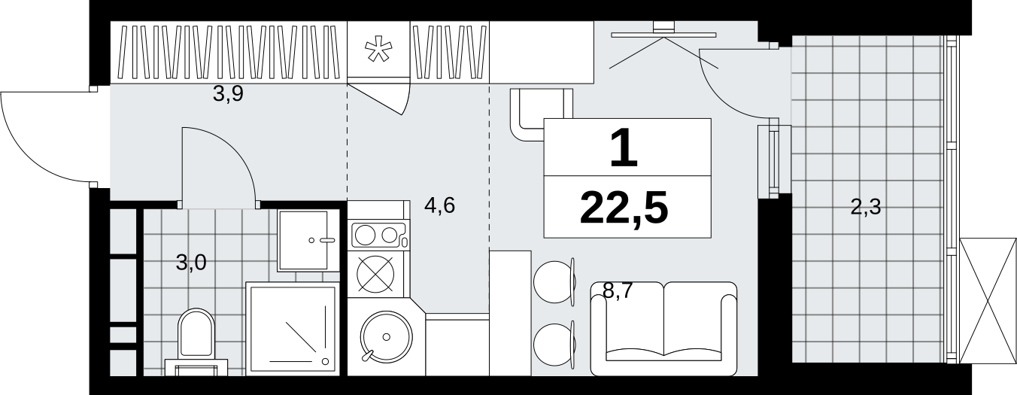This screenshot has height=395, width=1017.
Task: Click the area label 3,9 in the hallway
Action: click(229, 94)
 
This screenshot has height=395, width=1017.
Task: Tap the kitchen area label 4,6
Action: click(439, 205)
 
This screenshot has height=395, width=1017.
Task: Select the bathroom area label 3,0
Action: click(191, 263)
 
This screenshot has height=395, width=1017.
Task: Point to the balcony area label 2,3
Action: click(865, 207)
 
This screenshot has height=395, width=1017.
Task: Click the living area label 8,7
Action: click(618, 290)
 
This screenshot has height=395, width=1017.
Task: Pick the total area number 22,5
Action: click(624, 208)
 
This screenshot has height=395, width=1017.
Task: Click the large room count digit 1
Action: click(624, 147)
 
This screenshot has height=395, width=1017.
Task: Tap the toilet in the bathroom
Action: click(196, 342)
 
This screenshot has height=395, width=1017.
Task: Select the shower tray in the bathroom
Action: click(293, 329)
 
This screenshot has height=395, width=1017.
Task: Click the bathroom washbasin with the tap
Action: click(308, 241)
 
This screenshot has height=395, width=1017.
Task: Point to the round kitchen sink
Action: click(387, 336)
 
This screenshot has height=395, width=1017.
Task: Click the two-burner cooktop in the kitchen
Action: click(378, 235)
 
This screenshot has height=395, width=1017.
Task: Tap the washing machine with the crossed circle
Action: click(376, 274)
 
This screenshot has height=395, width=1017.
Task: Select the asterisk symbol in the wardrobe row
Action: click(378, 50)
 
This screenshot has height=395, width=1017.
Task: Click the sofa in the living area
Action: click(663, 329)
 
